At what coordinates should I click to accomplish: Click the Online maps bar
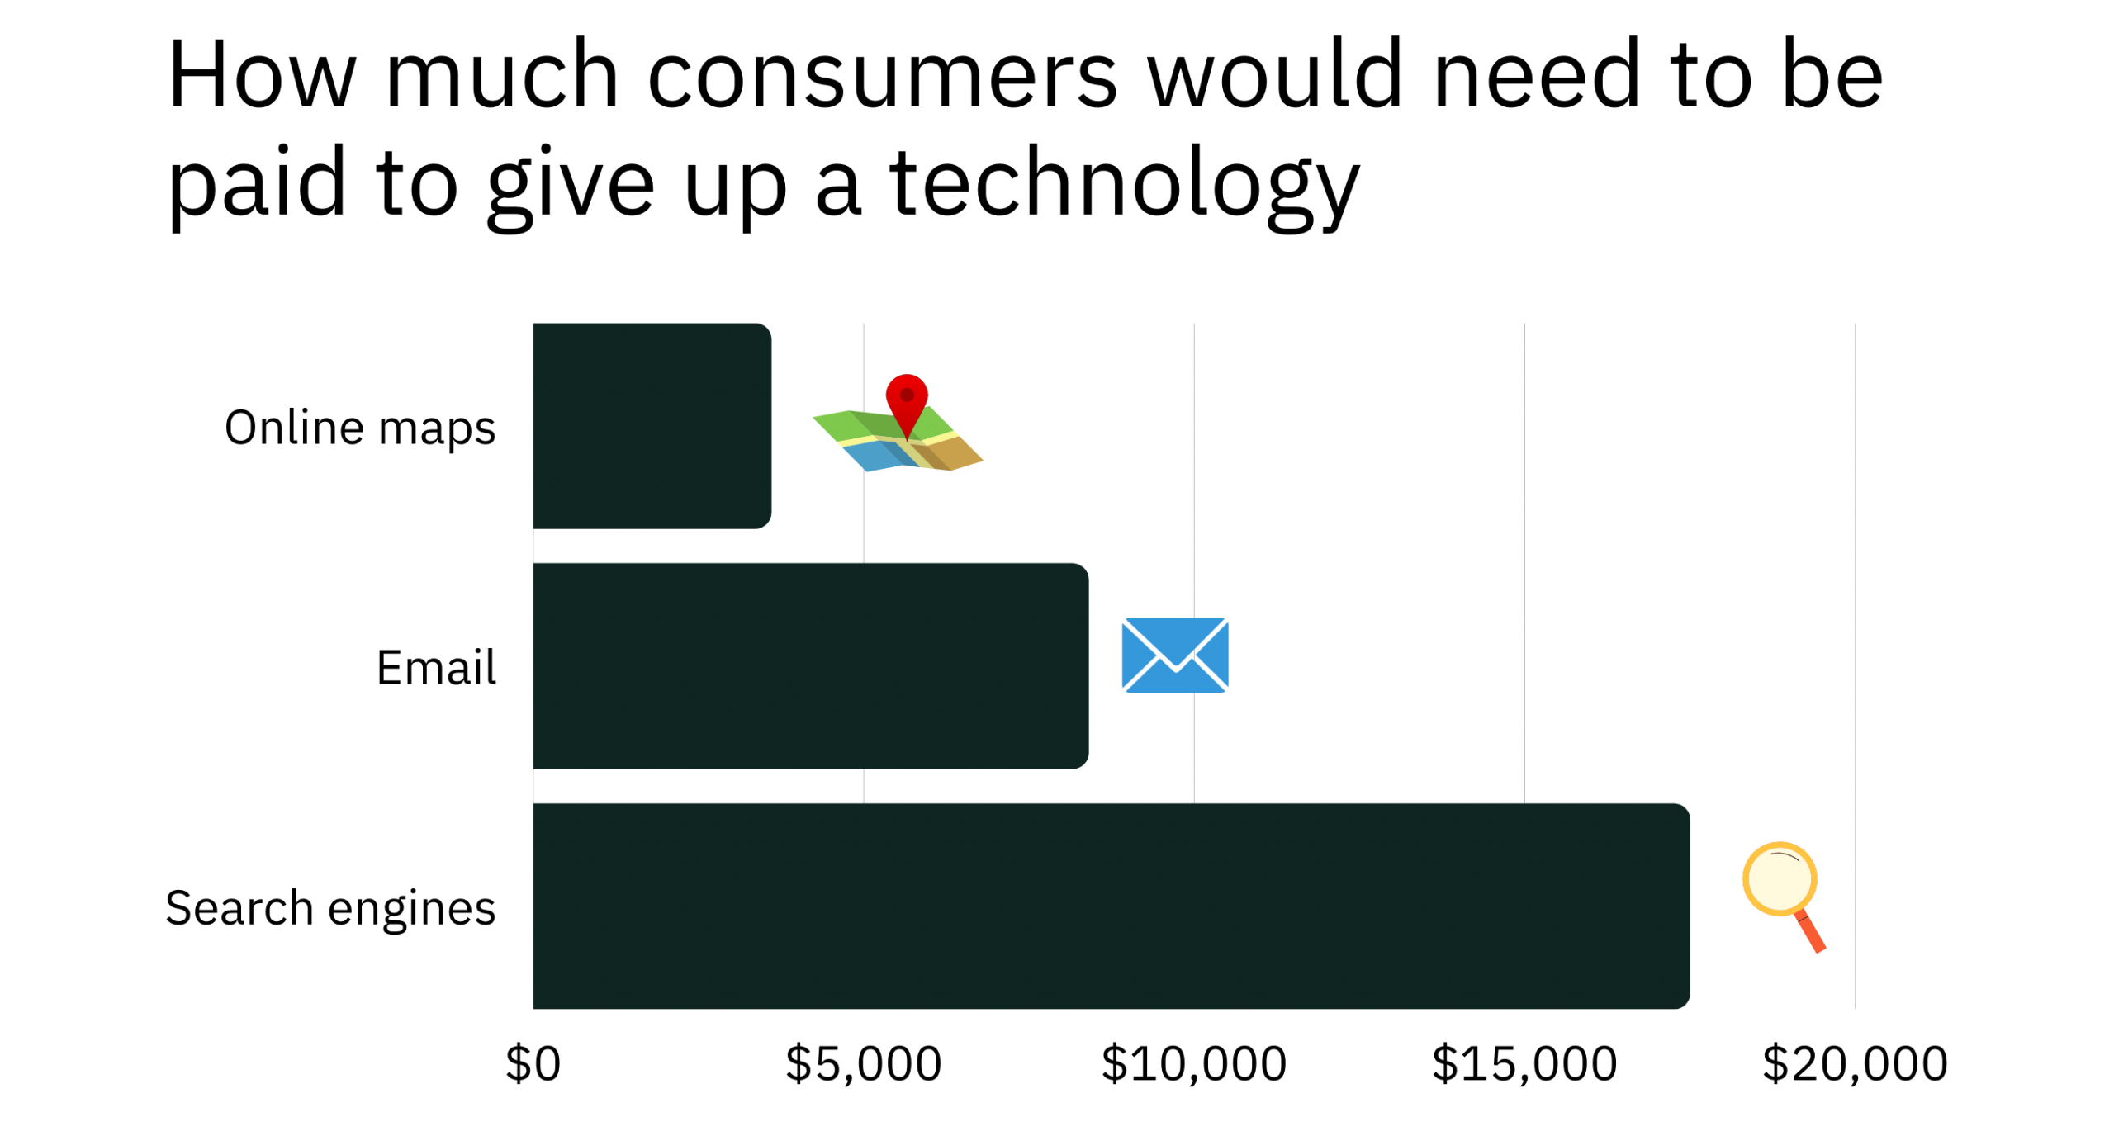point(652,426)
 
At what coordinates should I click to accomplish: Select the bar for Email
point(810,666)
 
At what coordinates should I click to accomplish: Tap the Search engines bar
point(1111,906)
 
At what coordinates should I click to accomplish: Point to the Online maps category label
point(360,428)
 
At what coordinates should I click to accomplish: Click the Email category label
point(436,667)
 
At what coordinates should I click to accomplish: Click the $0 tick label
point(533,1063)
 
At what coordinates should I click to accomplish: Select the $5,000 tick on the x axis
point(863,1063)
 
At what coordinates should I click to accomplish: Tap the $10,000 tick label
point(1193,1063)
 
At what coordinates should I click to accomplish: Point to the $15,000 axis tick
point(1524,1063)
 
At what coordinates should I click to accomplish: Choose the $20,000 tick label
point(1855,1063)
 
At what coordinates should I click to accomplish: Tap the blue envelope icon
point(1175,655)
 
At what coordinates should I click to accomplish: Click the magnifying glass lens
point(1780,878)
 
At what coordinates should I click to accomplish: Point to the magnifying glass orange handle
point(1810,932)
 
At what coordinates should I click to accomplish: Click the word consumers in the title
point(882,76)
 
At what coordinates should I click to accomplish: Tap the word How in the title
point(262,74)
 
